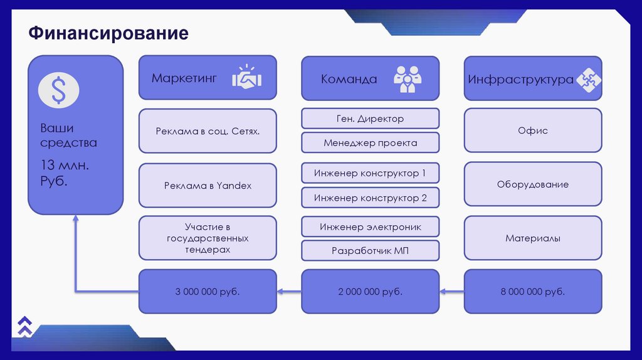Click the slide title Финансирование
coord(108,33)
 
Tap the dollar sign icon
coord(58,90)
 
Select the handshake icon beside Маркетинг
coord(247,78)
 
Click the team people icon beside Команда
coord(408,78)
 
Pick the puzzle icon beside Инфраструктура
coord(589,79)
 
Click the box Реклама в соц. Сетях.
coord(208,131)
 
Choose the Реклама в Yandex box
coord(208,186)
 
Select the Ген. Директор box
coord(370,119)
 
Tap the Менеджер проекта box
coord(370,142)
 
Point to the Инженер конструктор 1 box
coord(370,173)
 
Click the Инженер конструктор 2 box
coord(370,198)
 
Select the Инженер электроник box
coord(370,226)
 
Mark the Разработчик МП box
coord(370,251)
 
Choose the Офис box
coord(533,131)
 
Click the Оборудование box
coord(533,185)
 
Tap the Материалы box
coord(533,238)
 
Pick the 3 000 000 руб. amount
coord(208,292)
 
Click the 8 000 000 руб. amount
coord(533,292)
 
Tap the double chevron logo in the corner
coord(24,324)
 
